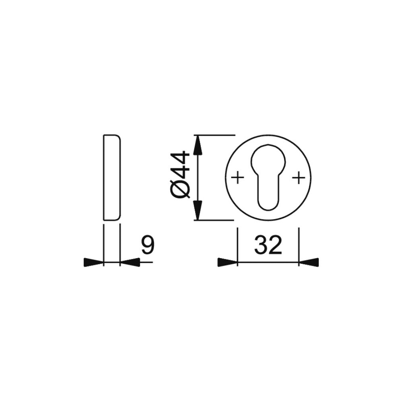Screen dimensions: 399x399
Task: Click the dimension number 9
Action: click(148, 245)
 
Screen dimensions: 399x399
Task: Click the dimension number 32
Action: click(268, 245)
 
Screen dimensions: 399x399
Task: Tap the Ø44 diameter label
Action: click(180, 175)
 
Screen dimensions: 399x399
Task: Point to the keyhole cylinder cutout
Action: click(268, 177)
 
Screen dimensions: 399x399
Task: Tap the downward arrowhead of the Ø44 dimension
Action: click(198, 210)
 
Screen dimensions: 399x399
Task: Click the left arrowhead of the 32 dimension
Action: click(227, 262)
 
